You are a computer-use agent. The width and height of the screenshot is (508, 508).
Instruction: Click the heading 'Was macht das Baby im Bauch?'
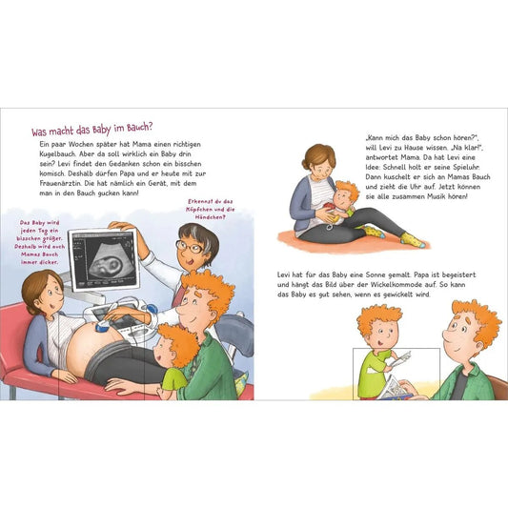pyautogui.click(x=91, y=129)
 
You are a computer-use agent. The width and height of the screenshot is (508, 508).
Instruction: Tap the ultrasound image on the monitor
pyautogui.click(x=103, y=259)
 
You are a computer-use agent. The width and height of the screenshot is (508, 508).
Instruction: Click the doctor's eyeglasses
pyautogui.click(x=190, y=247)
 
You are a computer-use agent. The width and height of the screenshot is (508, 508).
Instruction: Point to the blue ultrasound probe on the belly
pyautogui.click(x=103, y=325)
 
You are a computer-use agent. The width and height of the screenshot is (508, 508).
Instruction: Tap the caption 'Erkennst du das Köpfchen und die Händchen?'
pyautogui.click(x=210, y=210)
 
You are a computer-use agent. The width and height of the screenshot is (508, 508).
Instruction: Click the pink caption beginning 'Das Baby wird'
pyautogui.click(x=39, y=242)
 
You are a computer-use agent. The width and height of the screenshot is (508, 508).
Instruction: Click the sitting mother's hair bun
pyautogui.click(x=306, y=165)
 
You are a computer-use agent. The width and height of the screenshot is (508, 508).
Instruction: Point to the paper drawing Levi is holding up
pyautogui.click(x=401, y=358)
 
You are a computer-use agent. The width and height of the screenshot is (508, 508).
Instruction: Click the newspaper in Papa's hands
pyautogui.click(x=395, y=388)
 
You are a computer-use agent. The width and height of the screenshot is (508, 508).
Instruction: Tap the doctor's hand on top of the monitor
pyautogui.click(x=120, y=226)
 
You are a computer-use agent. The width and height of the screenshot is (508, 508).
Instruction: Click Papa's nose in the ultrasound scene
pyautogui.click(x=181, y=312)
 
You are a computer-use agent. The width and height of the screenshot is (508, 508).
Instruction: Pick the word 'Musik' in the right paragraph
pyautogui.click(x=437, y=196)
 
